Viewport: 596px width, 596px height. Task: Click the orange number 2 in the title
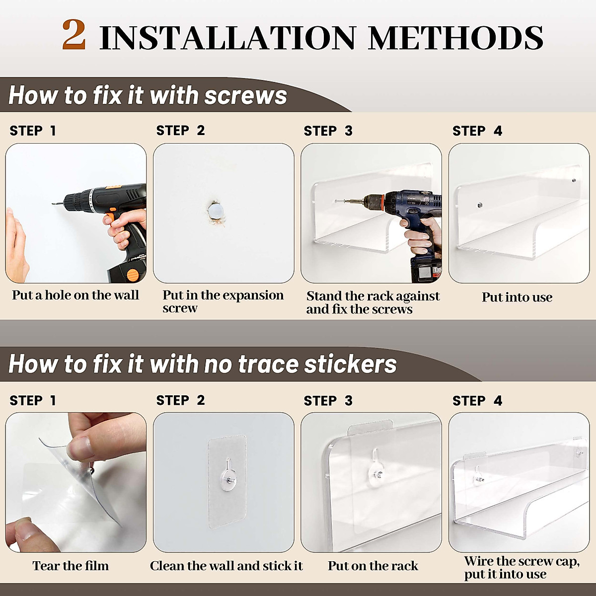[x=74, y=35]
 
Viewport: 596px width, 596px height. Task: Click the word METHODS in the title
[x=455, y=38]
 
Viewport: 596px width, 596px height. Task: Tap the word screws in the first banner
[x=245, y=95]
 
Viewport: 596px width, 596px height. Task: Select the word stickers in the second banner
[x=350, y=364]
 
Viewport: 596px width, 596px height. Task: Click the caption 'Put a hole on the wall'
[x=75, y=295]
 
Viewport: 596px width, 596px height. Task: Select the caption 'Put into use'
[x=517, y=297]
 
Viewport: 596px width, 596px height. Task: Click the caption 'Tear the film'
[x=71, y=566]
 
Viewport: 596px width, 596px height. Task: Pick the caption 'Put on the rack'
[x=372, y=566]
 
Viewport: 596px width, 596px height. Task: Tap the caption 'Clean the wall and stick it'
[x=226, y=566]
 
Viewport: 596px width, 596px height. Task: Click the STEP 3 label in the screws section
[x=328, y=131]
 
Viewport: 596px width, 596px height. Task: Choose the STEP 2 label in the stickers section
[x=180, y=400]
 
